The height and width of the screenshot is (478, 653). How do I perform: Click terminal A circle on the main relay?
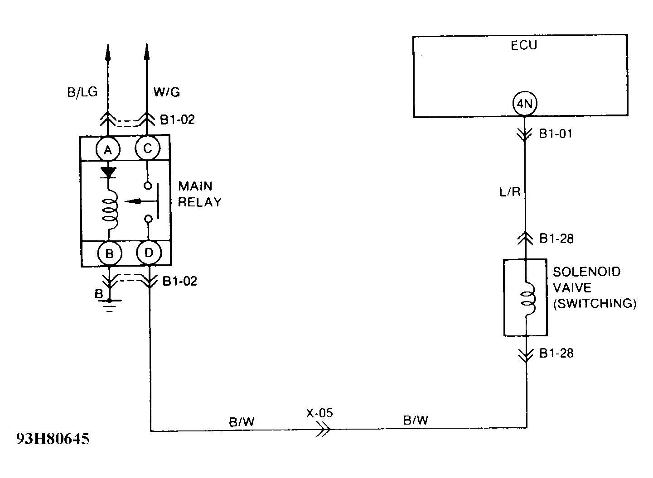coord(108,149)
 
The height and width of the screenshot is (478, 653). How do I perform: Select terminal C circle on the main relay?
coord(147,148)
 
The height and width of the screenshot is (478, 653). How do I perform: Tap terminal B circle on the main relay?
coord(109,253)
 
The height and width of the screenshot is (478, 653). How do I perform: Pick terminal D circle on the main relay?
coord(149,253)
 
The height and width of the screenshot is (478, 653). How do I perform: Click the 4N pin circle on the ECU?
coord(524,105)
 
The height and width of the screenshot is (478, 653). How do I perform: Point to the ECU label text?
coord(524,46)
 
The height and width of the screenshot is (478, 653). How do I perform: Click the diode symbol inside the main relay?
coord(108,172)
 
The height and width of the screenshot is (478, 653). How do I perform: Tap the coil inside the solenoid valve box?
coord(527,299)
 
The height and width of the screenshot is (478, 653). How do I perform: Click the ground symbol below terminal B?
coord(109,306)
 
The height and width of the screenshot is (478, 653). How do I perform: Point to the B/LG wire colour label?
coord(82,92)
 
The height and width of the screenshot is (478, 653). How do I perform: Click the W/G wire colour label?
coord(166,92)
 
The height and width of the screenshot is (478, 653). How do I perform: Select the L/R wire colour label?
coord(510,192)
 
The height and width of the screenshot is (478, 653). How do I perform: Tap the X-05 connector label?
coord(319,413)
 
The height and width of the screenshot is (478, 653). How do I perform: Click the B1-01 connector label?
coord(556,134)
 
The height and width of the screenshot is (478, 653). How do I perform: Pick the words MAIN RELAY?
coord(199,194)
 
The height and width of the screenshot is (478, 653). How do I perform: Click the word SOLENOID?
coord(587,272)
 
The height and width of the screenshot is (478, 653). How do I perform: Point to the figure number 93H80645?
coord(53,439)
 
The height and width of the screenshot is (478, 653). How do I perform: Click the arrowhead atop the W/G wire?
coord(146,52)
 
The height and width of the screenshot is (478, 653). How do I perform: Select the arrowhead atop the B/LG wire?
coord(108,52)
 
